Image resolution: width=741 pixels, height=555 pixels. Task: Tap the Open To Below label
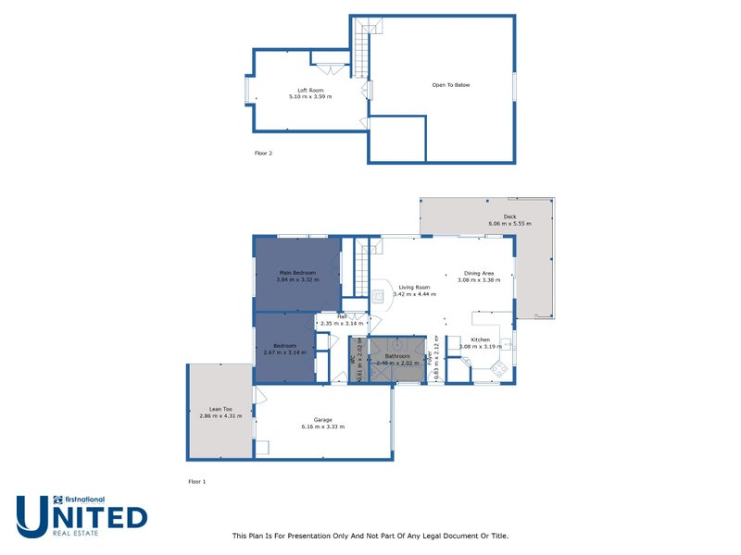451,85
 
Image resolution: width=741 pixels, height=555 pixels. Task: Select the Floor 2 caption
264,152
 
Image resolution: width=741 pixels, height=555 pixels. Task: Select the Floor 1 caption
196,482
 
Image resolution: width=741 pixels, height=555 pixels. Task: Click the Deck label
509,216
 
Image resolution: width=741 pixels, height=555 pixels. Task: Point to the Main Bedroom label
297,273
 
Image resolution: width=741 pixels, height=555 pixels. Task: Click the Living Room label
415,288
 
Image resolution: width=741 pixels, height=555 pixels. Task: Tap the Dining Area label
480,273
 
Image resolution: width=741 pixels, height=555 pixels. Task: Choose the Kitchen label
481,340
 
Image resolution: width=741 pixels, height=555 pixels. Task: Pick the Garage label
322,419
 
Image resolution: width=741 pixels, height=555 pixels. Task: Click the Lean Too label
220,409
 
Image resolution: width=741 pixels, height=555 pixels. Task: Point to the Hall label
342,316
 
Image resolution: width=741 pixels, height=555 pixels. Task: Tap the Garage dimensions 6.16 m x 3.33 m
322,427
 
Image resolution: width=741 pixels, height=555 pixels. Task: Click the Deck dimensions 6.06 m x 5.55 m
509,224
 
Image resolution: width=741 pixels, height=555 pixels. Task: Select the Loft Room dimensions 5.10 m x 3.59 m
310,97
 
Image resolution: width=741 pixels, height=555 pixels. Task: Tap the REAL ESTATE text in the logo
81,533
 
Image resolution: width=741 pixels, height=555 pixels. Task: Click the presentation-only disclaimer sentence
370,536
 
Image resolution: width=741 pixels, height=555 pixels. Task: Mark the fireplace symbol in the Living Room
379,296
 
